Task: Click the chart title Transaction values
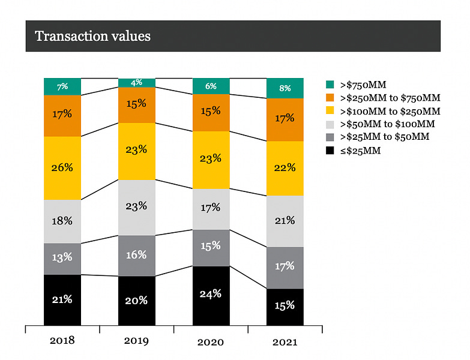click(x=92, y=36)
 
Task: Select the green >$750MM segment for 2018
click(x=62, y=86)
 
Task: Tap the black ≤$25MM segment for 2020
click(x=211, y=296)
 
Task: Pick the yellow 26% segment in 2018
click(x=62, y=168)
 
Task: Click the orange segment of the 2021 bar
click(x=285, y=119)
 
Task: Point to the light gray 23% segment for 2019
click(x=137, y=208)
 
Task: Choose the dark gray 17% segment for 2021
click(x=285, y=268)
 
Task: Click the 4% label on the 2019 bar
click(x=136, y=82)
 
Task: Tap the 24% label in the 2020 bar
click(x=211, y=294)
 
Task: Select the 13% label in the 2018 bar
click(x=62, y=257)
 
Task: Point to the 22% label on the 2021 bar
click(x=285, y=167)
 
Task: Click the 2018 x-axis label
click(x=62, y=341)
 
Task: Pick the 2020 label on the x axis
click(x=211, y=342)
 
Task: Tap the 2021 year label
click(x=285, y=342)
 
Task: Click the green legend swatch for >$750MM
click(x=330, y=85)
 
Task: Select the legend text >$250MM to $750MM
click(x=390, y=98)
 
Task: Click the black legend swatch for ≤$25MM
click(x=330, y=151)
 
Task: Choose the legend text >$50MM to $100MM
click(x=387, y=124)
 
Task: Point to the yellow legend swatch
click(x=330, y=110)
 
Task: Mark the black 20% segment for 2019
click(x=137, y=301)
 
